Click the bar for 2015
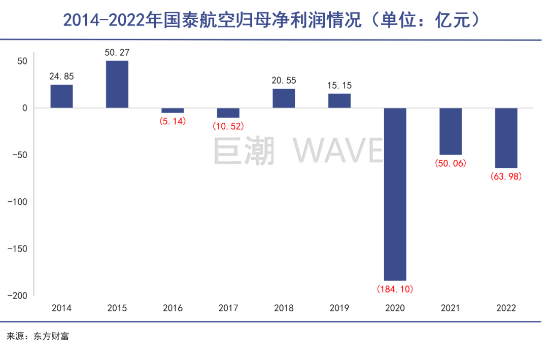[x=117, y=84]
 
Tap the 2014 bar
[x=61, y=96]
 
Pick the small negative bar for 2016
[x=173, y=110]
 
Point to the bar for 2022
[x=506, y=138]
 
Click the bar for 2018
[x=284, y=98]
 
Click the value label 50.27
[x=117, y=52]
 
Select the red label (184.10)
[x=395, y=289]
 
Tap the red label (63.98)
[x=506, y=176]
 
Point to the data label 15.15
[x=339, y=85]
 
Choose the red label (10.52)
[x=228, y=127]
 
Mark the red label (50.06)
[x=451, y=163]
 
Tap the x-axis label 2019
[x=339, y=308]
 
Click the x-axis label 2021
[x=451, y=308]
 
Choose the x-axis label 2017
[x=228, y=308]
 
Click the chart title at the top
[x=271, y=20]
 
